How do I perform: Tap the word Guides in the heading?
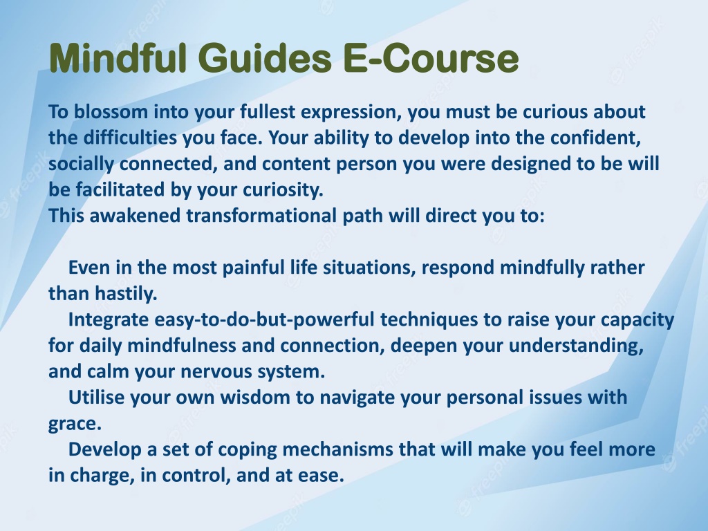pyautogui.click(x=265, y=58)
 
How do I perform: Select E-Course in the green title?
pyautogui.click(x=431, y=58)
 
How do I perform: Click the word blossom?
pyautogui.click(x=111, y=111)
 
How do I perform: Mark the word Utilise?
pyautogui.click(x=96, y=398)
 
